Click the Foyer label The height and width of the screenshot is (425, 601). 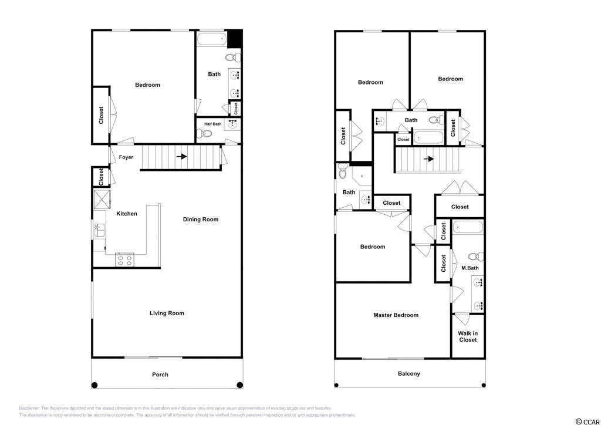coord(126,157)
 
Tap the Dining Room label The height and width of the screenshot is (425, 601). coord(201,220)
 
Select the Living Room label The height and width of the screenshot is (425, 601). coord(167,313)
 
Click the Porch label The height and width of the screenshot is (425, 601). coord(160,375)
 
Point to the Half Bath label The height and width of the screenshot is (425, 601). coord(212,124)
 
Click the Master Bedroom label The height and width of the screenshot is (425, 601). coord(396,315)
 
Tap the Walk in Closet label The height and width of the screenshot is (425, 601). coord(468,336)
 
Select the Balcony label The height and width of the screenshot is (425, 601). coord(409,373)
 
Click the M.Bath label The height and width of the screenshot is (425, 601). coord(470,268)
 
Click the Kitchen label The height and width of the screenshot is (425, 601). coord(127,214)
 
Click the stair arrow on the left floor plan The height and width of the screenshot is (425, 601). coord(182,157)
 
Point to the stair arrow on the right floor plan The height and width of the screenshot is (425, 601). coord(429,158)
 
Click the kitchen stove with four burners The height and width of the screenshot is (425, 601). coord(124,261)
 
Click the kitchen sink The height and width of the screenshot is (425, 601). coord(99,231)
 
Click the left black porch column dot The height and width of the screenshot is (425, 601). coord(94,384)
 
